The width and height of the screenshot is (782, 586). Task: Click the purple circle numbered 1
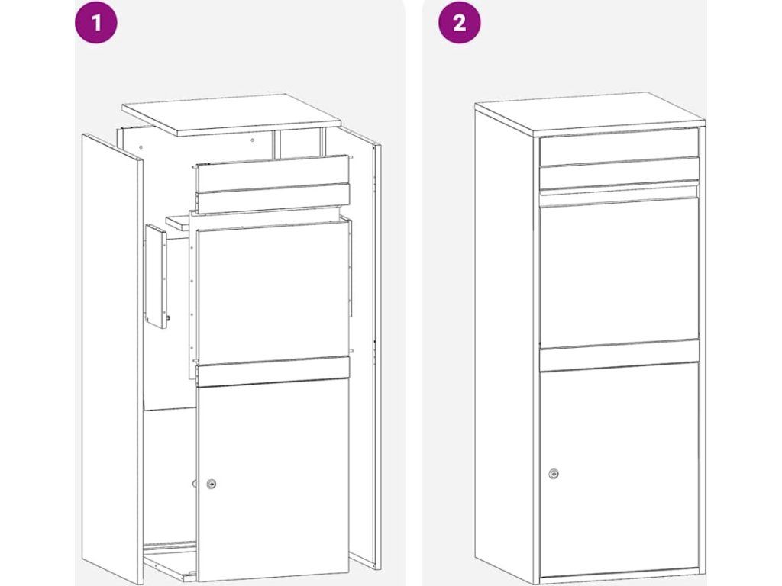(x=96, y=22)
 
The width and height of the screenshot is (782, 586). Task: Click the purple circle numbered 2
(x=459, y=22)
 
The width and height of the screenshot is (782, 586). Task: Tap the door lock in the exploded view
(x=212, y=483)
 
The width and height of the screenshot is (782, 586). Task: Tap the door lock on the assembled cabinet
(x=553, y=473)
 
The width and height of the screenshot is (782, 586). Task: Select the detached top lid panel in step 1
(x=232, y=114)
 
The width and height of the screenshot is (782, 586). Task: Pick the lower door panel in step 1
(x=273, y=481)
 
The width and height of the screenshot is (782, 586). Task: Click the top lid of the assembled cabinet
(x=590, y=113)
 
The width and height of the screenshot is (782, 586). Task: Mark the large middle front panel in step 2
(x=619, y=272)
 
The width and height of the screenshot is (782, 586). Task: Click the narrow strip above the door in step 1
(x=273, y=372)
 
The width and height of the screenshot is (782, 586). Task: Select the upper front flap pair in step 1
(x=273, y=185)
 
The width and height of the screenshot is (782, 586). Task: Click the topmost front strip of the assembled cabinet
(x=619, y=147)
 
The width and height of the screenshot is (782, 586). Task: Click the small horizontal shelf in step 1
(x=178, y=222)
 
